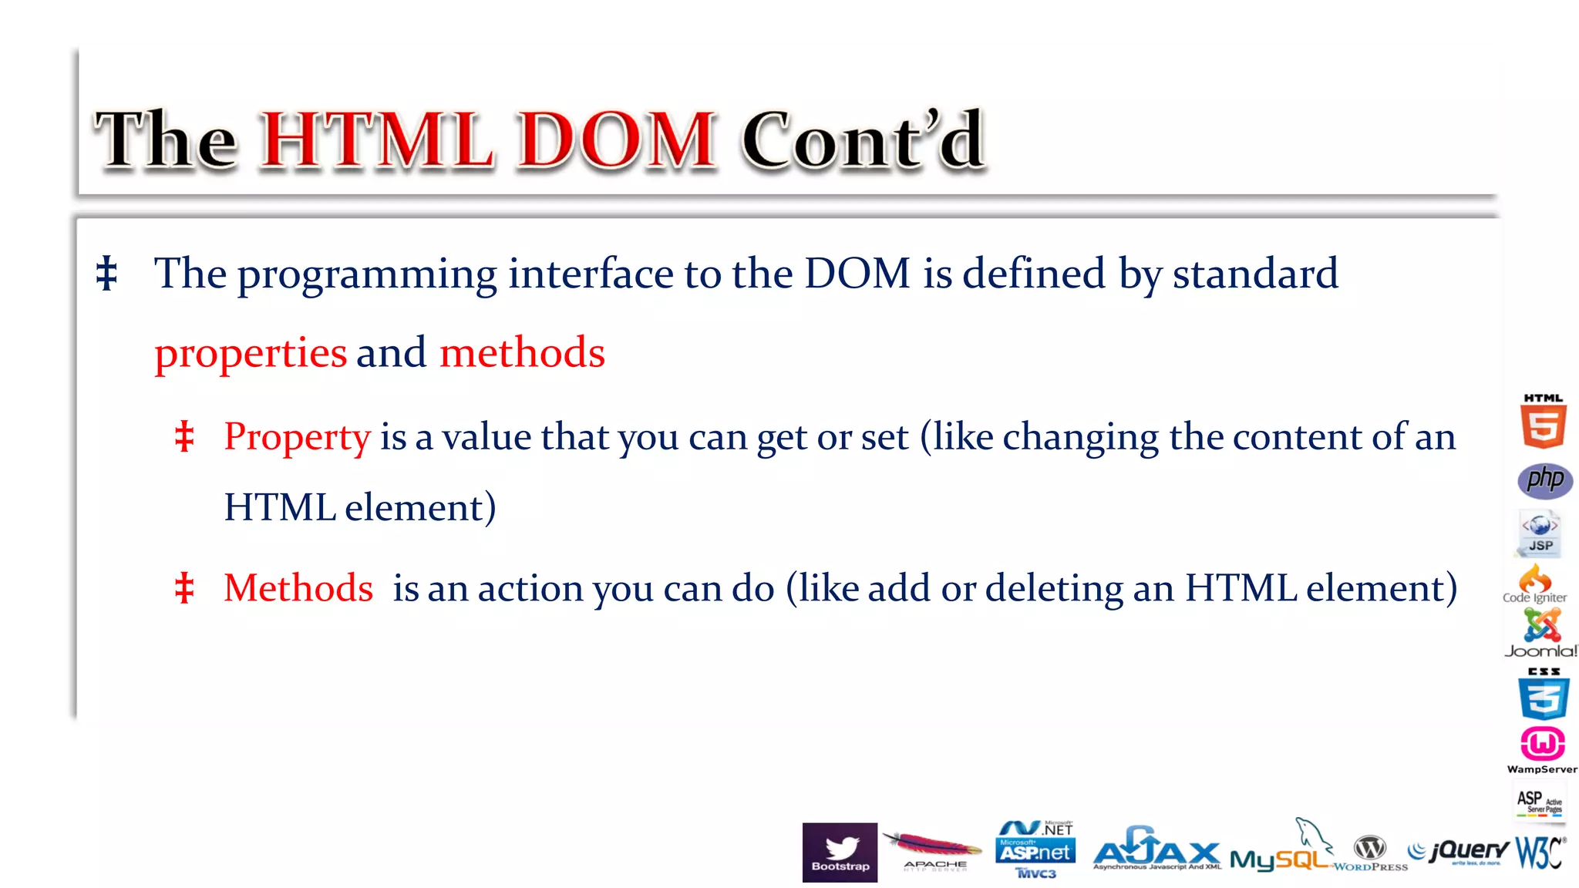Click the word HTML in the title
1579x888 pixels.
pyautogui.click(x=378, y=140)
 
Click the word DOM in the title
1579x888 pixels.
pyautogui.click(x=616, y=140)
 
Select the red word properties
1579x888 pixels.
pyautogui.click(x=251, y=354)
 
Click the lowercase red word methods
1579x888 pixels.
pyautogui.click(x=522, y=353)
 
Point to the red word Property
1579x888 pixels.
pyautogui.click(x=297, y=437)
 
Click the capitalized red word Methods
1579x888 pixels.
pyautogui.click(x=298, y=588)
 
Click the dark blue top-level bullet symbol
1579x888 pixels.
pyautogui.click(x=106, y=274)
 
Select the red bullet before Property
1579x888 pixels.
pyautogui.click(x=183, y=437)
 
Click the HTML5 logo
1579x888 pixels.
pyautogui.click(x=1543, y=422)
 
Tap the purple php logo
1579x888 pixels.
pyautogui.click(x=1545, y=480)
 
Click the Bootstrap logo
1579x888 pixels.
pyautogui.click(x=840, y=852)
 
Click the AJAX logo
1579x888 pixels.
pyautogui.click(x=1156, y=849)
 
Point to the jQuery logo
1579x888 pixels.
pyautogui.click(x=1459, y=851)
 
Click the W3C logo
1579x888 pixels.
pyautogui.click(x=1540, y=853)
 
